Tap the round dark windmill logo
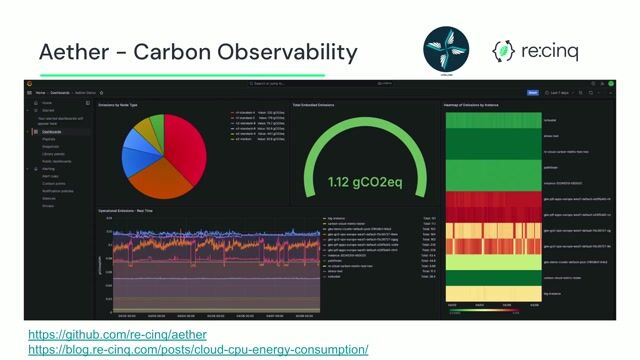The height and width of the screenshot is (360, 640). tap(446, 48)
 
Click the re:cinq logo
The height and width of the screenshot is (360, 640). tap(534, 50)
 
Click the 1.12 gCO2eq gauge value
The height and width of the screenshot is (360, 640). tap(364, 182)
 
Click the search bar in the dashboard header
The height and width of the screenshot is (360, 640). tap(290, 84)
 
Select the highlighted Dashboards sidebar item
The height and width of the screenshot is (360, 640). tap(50, 131)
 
